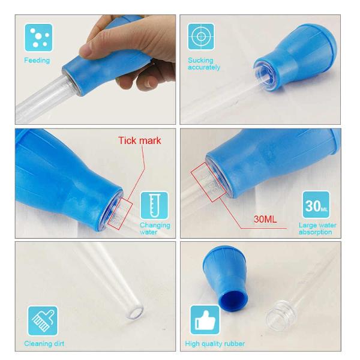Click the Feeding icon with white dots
[38, 38]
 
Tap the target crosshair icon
[201, 37]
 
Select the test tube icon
[154, 206]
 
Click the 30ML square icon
[316, 205]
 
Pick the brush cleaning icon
[43, 321]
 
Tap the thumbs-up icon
[205, 320]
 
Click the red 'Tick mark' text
[140, 140]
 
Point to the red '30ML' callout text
[265, 219]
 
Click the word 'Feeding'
[37, 61]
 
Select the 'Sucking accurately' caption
[204, 64]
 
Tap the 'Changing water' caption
[155, 229]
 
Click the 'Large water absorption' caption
[317, 229]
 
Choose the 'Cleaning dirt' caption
[44, 344]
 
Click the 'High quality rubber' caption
[215, 344]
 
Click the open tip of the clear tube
[135, 312]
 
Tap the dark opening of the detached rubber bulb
[233, 301]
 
